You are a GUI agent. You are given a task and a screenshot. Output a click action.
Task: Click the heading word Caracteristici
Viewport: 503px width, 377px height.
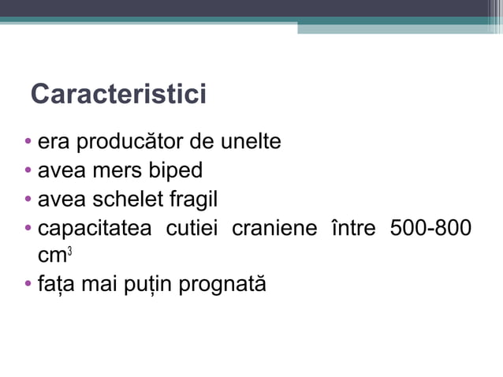[118, 95]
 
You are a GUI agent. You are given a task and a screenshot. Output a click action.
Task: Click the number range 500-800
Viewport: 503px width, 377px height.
[431, 228]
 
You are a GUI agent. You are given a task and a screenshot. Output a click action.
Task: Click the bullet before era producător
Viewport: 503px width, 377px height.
[28, 144]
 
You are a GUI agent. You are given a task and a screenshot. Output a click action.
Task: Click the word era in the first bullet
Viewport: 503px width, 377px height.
[53, 144]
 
